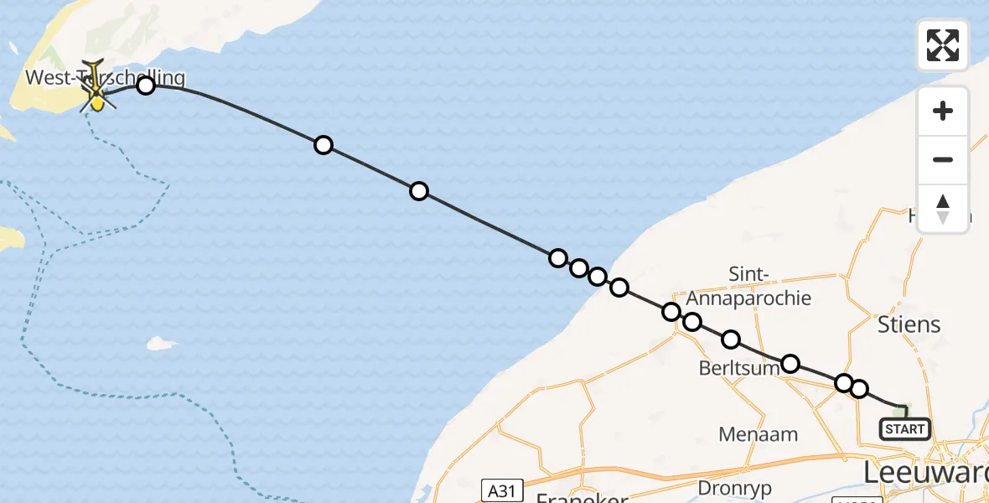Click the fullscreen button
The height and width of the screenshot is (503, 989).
(943, 45)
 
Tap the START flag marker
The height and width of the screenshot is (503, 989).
(905, 428)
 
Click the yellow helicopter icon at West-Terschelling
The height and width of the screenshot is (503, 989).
(96, 98)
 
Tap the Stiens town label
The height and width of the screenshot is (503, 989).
(909, 324)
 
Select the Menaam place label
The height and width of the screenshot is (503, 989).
(759, 434)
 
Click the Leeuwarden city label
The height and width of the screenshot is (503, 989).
(926, 474)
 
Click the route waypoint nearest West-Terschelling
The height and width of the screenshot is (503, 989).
(146, 85)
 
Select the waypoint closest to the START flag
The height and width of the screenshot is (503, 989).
(858, 388)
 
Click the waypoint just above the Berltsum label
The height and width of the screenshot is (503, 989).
(731, 339)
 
